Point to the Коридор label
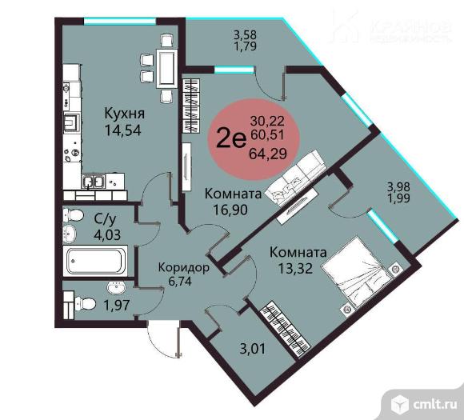click(x=184, y=267)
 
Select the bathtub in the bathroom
click(x=97, y=260)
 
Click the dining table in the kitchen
click(x=167, y=66)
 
